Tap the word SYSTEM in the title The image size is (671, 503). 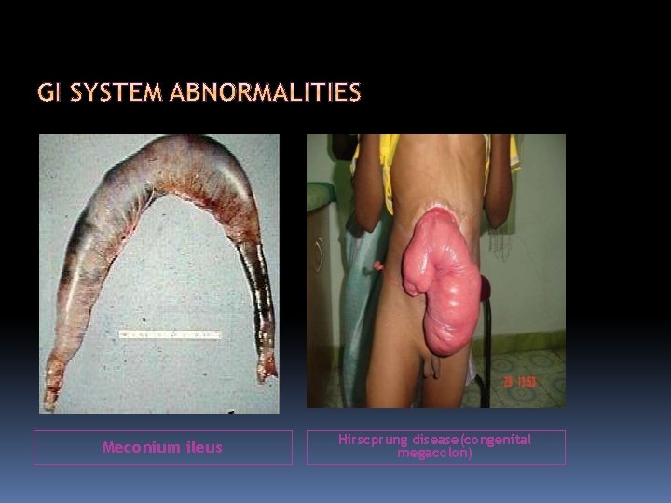pos(115,93)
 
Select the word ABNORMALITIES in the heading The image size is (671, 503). pos(266,93)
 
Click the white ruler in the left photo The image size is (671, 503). pos(169,333)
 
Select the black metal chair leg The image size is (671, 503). pos(486,382)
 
